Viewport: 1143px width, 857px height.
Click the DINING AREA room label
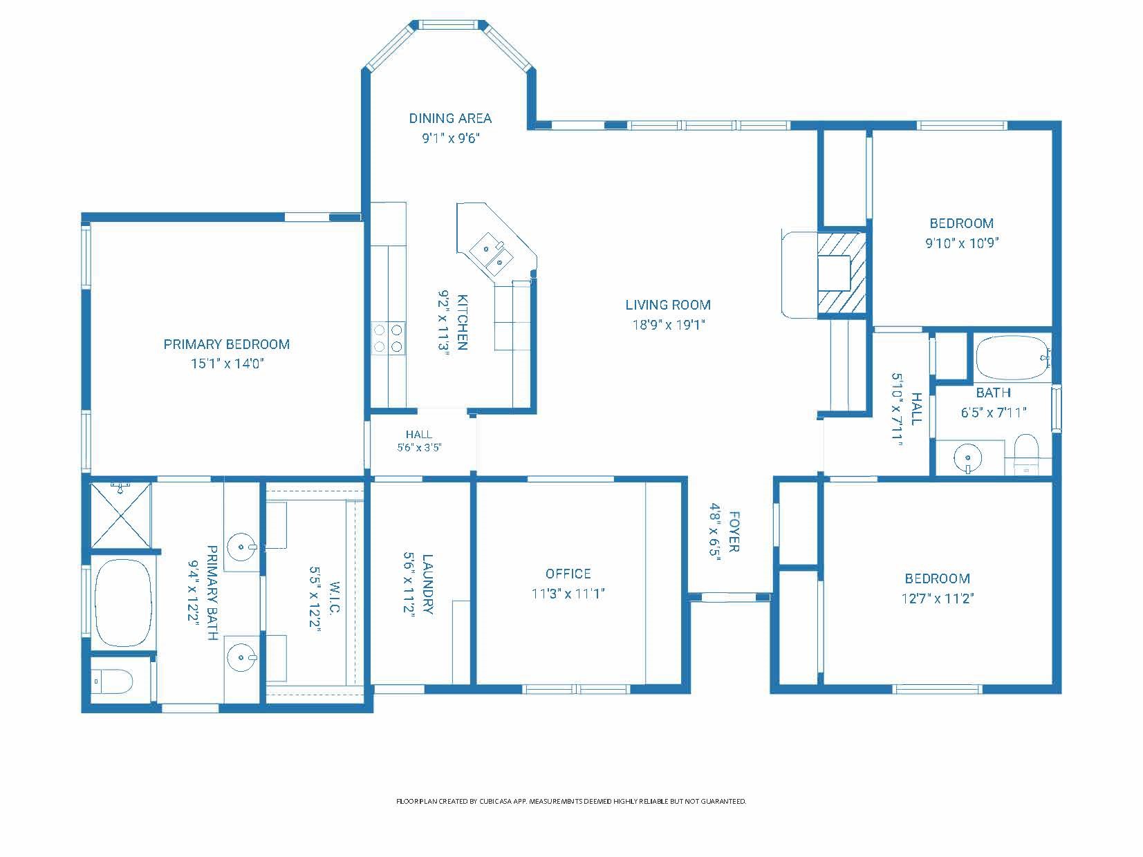click(x=450, y=119)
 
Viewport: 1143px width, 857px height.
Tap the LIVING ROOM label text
click(x=668, y=305)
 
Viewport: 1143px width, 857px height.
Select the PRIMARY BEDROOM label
click(x=227, y=344)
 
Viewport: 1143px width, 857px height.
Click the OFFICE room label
click(x=568, y=574)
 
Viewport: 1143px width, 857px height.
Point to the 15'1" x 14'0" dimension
click(x=227, y=364)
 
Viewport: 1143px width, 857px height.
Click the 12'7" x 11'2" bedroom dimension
click(x=938, y=599)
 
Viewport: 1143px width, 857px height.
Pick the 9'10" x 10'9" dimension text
click(x=962, y=243)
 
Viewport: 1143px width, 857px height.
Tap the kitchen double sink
click(x=492, y=255)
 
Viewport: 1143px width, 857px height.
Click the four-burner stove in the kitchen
click(x=388, y=338)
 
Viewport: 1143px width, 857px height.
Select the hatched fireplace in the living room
click(x=841, y=274)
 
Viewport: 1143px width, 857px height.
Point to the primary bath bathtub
click(x=123, y=603)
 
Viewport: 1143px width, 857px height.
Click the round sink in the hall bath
click(x=967, y=458)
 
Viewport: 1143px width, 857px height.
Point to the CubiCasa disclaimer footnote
click(x=571, y=802)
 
